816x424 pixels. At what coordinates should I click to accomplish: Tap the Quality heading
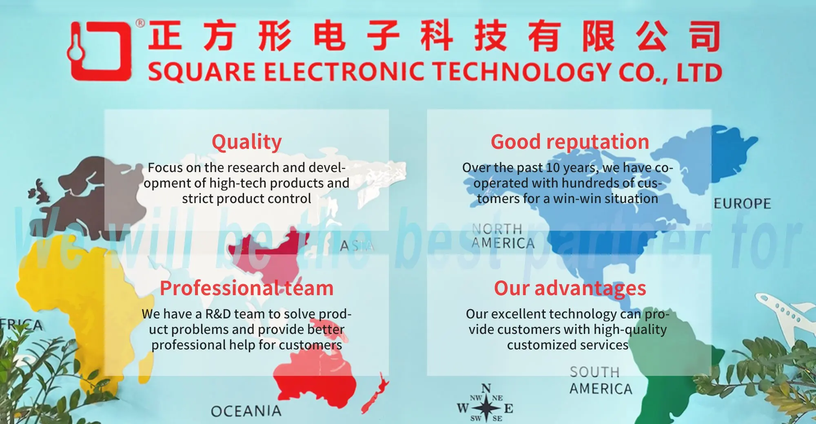point(246,142)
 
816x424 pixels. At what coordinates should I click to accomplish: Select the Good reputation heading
point(570,142)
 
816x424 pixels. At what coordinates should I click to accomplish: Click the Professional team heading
point(246,288)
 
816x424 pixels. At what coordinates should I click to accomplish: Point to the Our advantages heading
point(570,288)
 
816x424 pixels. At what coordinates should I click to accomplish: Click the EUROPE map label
point(742,203)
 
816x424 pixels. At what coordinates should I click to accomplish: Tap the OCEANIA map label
point(246,411)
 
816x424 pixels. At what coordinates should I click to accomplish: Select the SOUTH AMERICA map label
point(600,380)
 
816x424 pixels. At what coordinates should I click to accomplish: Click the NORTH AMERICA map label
point(503,236)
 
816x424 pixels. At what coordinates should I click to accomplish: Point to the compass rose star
point(486,407)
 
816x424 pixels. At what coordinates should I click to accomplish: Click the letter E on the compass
point(508,408)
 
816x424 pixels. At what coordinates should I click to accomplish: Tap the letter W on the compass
point(463,408)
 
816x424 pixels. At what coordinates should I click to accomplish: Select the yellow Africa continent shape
point(61,294)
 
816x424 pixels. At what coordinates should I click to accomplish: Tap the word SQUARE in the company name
point(202,72)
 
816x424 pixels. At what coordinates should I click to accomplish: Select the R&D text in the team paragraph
point(218,314)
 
